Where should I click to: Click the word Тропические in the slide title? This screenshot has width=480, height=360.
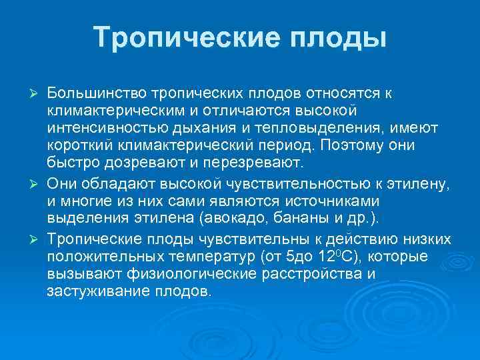(178, 37)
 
